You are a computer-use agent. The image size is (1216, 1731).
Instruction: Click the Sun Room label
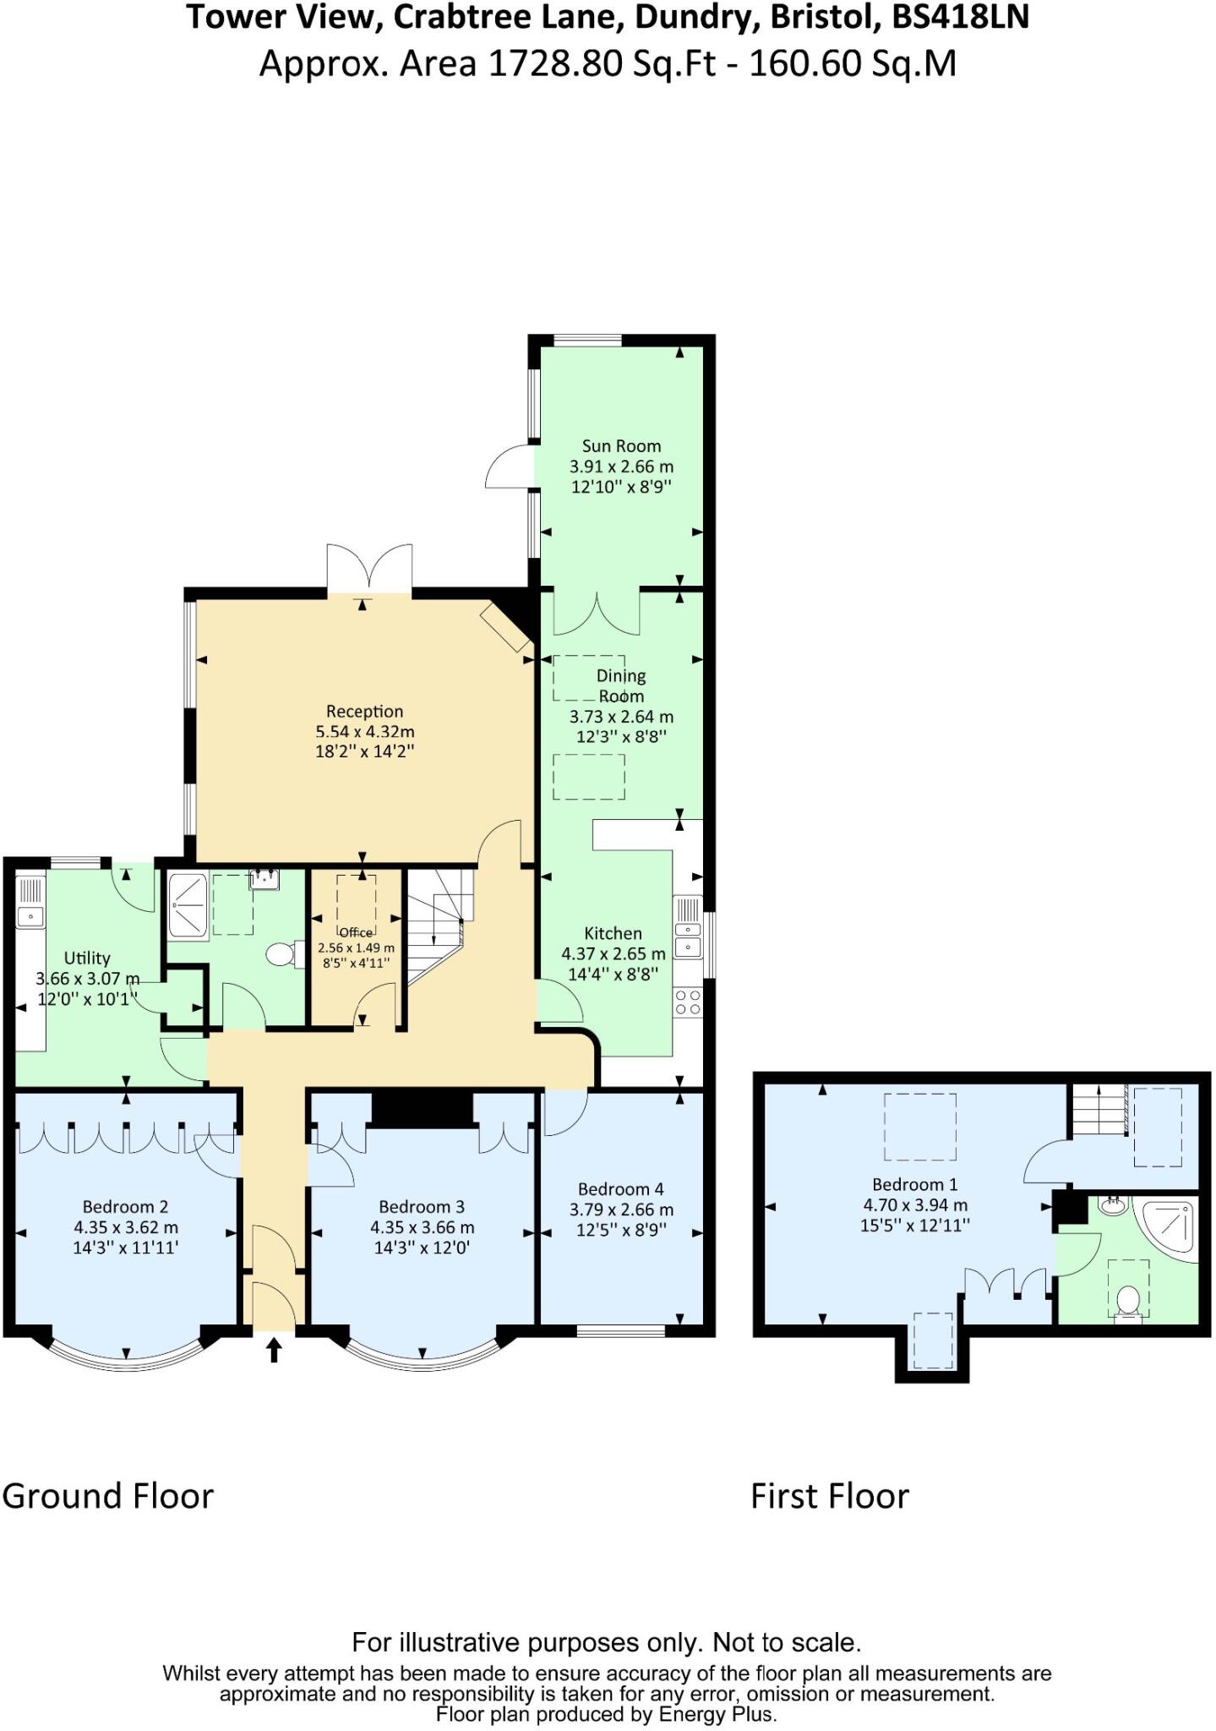coord(621,446)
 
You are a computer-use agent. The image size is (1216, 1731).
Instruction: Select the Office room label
coord(356,932)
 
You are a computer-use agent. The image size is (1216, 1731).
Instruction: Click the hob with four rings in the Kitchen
coord(688,1002)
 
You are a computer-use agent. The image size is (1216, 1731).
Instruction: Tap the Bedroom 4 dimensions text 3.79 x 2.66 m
coord(621,1210)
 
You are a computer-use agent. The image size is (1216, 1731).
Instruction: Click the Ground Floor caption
coord(108,1496)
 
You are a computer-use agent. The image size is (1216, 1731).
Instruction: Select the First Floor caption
coord(829,1496)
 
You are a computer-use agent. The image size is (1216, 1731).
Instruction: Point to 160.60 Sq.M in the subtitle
coord(852,63)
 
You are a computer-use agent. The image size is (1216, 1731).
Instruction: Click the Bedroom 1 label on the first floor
coord(914,1184)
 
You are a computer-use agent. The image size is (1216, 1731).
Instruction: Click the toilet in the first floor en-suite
coord(1128,1301)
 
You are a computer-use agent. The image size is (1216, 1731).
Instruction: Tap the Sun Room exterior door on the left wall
coord(510,467)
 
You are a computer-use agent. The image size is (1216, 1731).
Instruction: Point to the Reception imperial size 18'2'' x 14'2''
coord(364,751)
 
